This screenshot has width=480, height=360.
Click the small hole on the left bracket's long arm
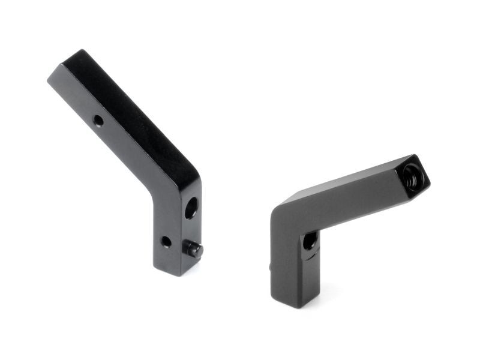tap(98, 121)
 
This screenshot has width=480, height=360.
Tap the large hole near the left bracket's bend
tap(191, 208)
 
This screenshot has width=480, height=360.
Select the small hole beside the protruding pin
tap(166, 241)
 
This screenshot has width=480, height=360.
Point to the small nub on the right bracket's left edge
tap(271, 264)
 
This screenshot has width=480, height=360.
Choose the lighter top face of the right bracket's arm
tap(342, 187)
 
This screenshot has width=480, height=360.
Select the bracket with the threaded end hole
tap(336, 228)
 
